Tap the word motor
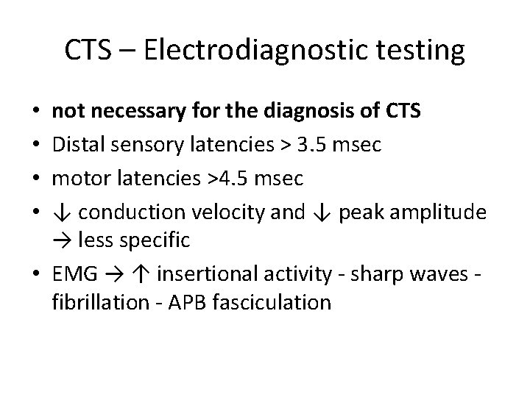click(x=77, y=179)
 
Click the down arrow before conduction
click(x=62, y=212)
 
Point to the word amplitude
click(x=443, y=212)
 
